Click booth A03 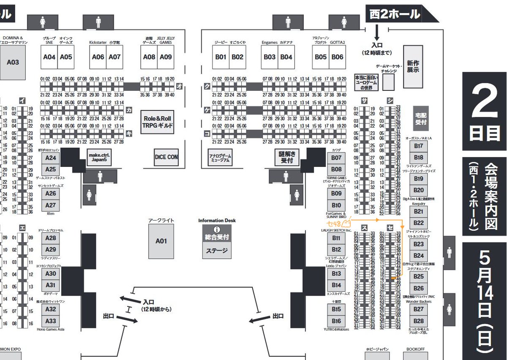tap(13, 62)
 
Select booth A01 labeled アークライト tap(161, 241)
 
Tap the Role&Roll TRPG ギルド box tap(158, 123)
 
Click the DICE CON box tap(166, 157)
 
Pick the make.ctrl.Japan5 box tap(99, 157)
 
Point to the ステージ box tap(217, 251)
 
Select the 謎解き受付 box tap(286, 157)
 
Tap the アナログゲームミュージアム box tap(220, 157)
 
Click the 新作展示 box tap(413, 66)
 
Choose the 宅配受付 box tap(421, 119)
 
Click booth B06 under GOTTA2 tap(337, 57)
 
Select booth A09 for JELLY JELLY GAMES tap(166, 57)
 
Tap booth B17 tap(418, 146)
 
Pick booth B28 tap(418, 321)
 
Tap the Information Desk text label tap(217, 221)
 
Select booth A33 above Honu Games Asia tap(51, 321)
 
